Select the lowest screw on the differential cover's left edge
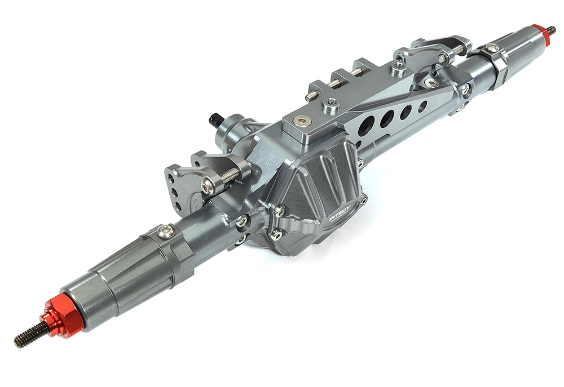[x=276, y=235]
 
